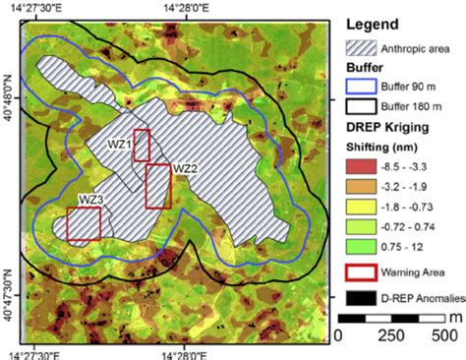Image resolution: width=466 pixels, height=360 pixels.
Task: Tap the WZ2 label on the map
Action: click(x=187, y=168)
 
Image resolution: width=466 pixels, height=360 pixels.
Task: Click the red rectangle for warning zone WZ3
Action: click(x=84, y=225)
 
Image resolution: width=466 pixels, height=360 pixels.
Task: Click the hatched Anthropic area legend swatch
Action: click(x=359, y=45)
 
